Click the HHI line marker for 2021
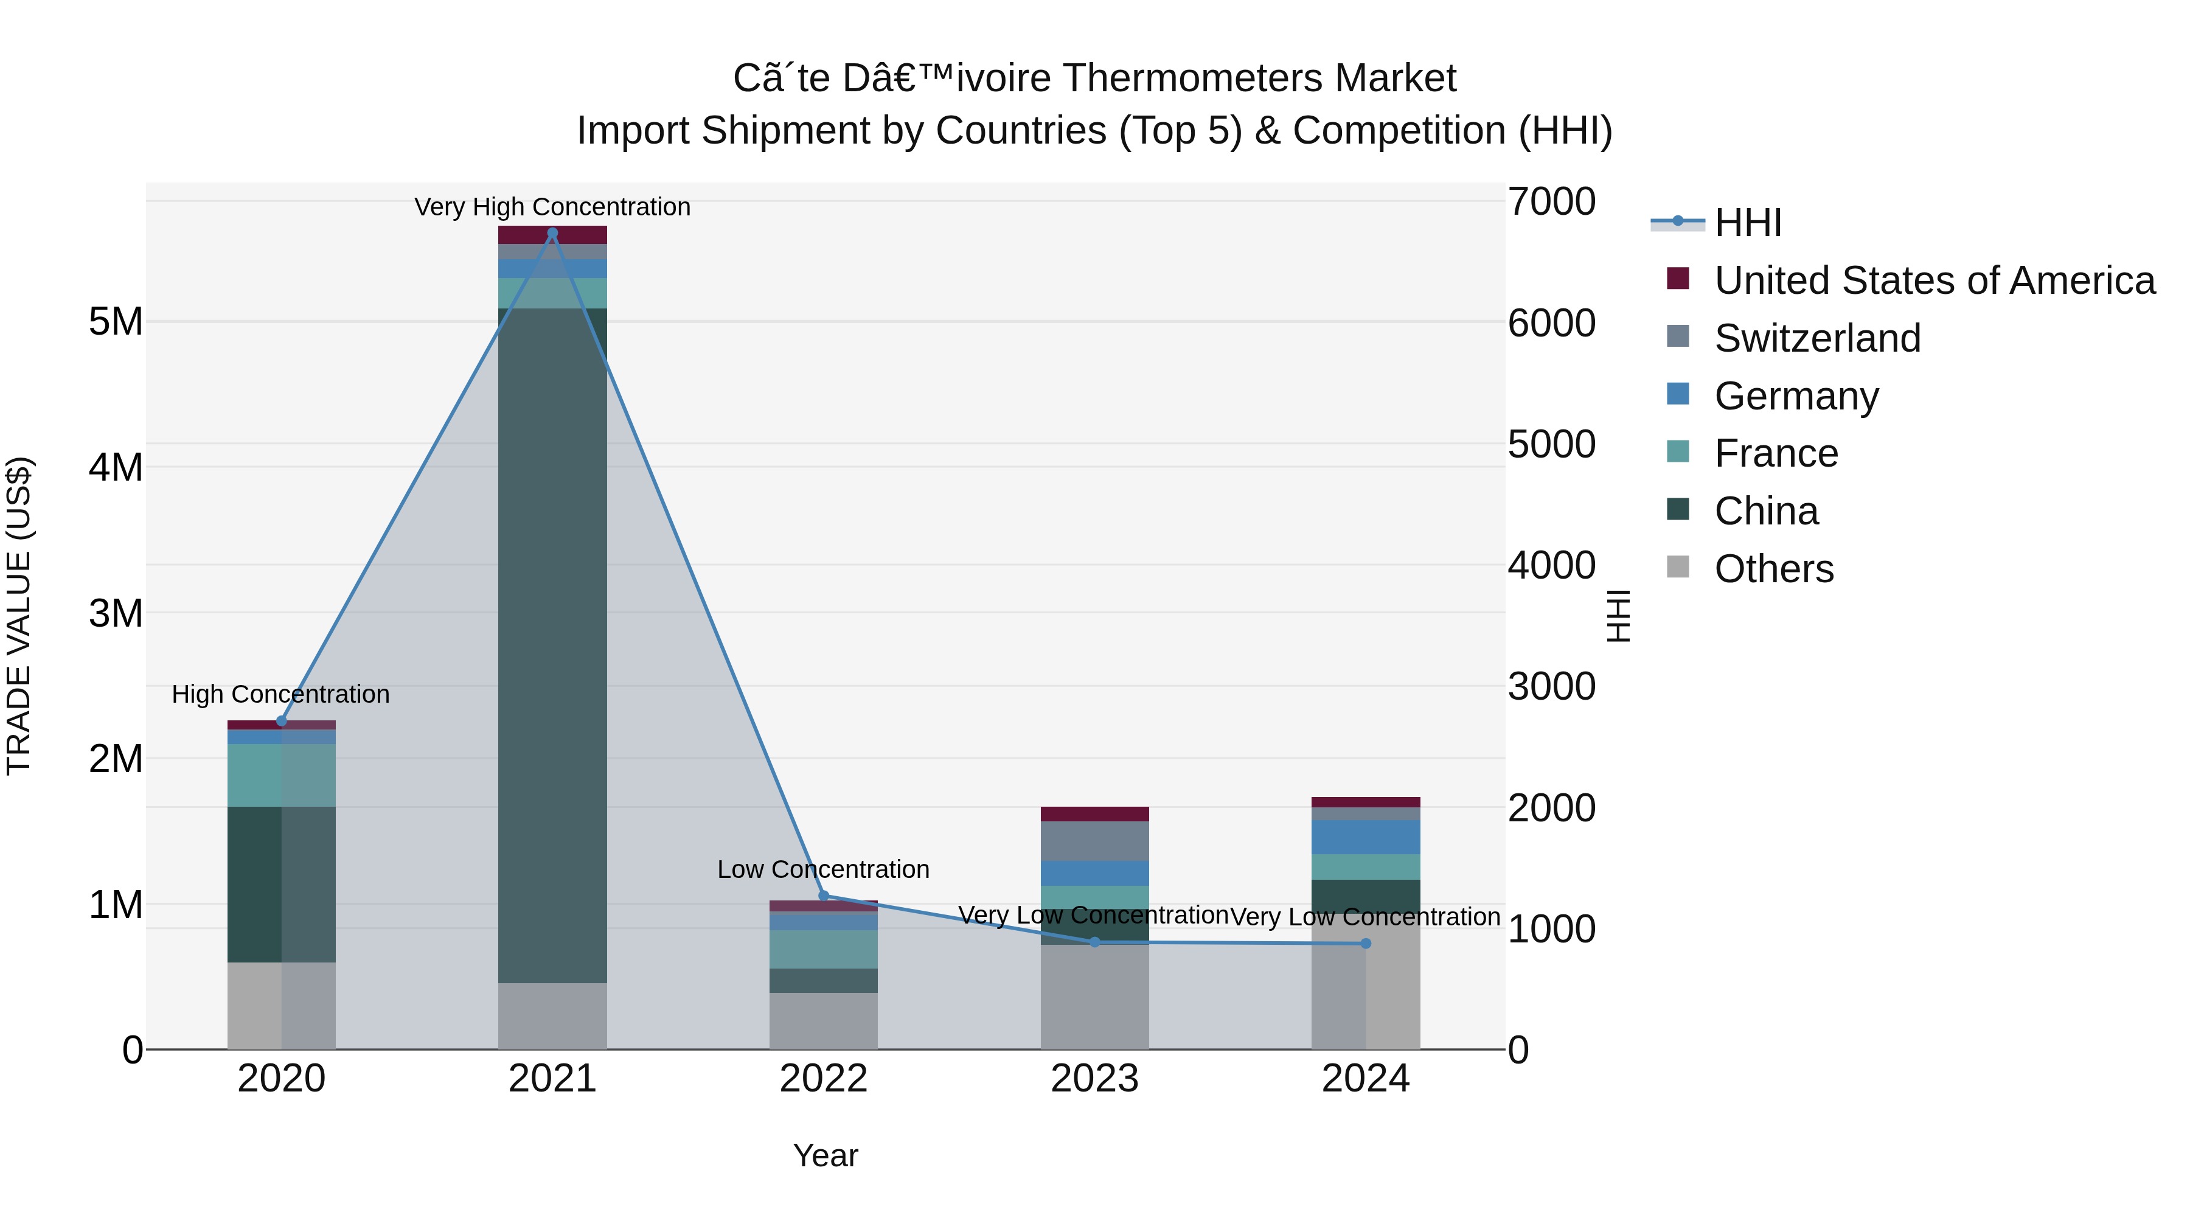point(552,233)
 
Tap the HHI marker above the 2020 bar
point(282,721)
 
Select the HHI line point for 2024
point(1365,944)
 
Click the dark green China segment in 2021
point(552,646)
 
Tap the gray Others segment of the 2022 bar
point(823,1020)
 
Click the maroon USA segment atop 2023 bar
point(1094,813)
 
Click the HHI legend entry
point(1747,223)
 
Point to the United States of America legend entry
point(1934,280)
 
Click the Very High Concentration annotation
point(552,207)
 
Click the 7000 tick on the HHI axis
point(1551,203)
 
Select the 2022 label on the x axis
point(823,1079)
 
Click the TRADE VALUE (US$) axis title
point(19,616)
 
